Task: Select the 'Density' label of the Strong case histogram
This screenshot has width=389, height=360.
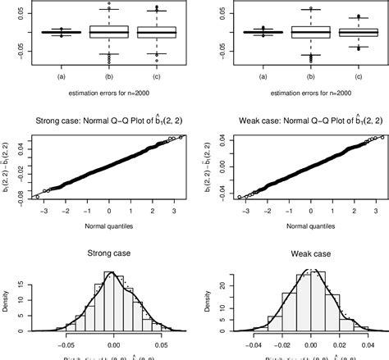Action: tap(6, 309)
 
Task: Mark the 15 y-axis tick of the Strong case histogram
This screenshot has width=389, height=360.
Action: tap(18, 288)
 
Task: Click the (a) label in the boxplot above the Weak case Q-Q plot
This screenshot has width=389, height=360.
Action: tap(263, 77)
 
